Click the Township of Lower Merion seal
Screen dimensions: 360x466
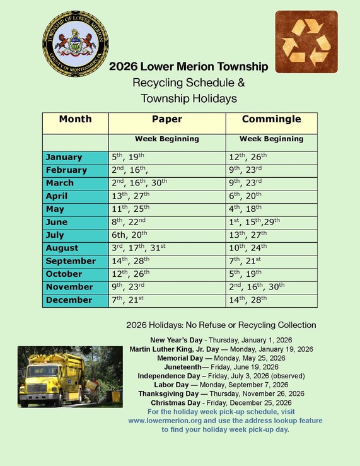point(76,43)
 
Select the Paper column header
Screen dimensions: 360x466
point(167,119)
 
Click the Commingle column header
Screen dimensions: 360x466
point(271,119)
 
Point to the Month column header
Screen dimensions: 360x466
point(76,119)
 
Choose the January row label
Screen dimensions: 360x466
point(64,157)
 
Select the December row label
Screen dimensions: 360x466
point(69,300)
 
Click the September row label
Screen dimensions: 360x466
point(71,261)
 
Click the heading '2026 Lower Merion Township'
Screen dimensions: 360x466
point(189,67)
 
